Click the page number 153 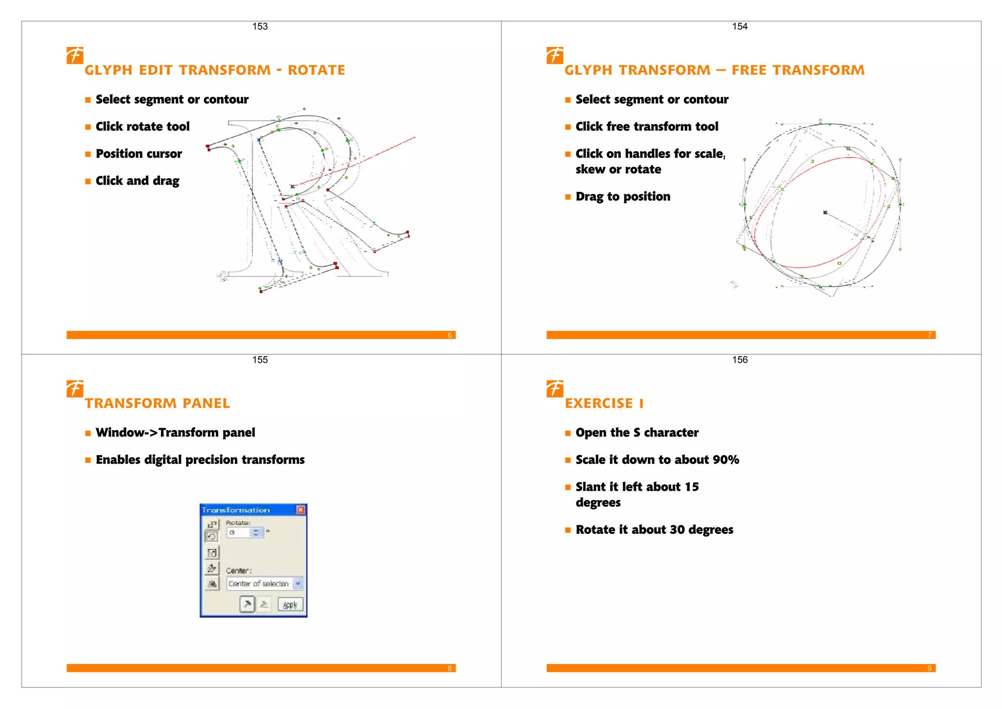(x=260, y=26)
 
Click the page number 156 (x=739, y=360)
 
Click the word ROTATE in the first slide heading (x=316, y=70)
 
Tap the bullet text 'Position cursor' (x=138, y=154)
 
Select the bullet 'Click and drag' (x=137, y=181)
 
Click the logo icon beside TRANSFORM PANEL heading (x=75, y=389)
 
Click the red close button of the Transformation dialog (x=301, y=510)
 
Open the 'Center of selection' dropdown (x=297, y=583)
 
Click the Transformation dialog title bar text (x=236, y=510)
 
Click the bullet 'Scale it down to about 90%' (x=657, y=459)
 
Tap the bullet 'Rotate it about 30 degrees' (x=654, y=529)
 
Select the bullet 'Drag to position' (x=622, y=196)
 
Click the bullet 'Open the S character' (x=637, y=433)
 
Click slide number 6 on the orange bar (x=450, y=335)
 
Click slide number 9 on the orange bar (x=929, y=668)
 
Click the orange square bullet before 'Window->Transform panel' (x=88, y=433)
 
